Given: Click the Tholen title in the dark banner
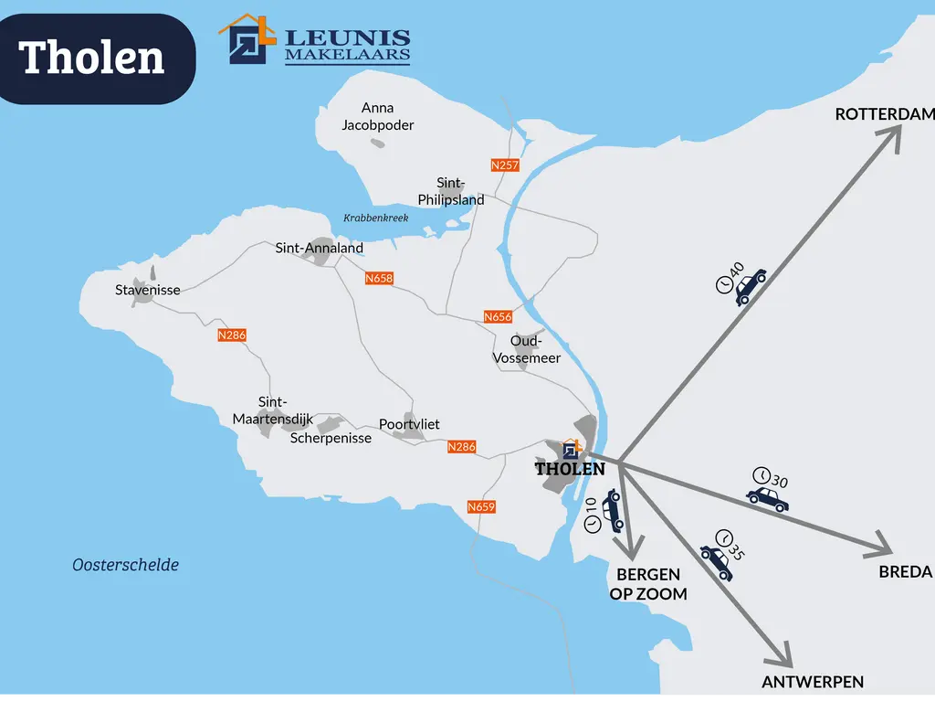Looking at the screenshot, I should coord(92,58).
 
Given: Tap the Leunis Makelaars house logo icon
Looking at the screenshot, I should coord(247,39).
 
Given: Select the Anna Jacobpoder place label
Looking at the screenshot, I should coord(377,116).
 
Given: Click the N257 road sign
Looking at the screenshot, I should coord(504,165).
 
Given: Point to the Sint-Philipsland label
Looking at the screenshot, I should coord(451,191).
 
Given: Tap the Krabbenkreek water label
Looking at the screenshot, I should coord(375,218).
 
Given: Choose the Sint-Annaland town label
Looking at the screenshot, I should coord(320,248).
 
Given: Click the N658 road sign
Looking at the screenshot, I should coord(378,278).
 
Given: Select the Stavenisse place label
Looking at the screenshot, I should coord(148,290).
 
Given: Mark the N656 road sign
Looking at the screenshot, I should coord(498,316).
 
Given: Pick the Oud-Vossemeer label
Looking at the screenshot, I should coord(527,349).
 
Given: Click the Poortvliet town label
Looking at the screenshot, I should coord(409,424).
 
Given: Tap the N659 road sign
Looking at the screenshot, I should coord(481,506).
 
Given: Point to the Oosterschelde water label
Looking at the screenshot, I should coord(125,565).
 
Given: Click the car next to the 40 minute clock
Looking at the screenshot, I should coord(751,286).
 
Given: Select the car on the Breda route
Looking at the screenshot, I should coord(767,498).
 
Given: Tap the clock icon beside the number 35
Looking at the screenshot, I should coord(724,537).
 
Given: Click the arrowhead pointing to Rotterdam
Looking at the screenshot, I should coord(890,136).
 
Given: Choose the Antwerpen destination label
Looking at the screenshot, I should coord(813,682).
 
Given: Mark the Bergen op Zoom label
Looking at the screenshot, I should coord(648,583).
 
